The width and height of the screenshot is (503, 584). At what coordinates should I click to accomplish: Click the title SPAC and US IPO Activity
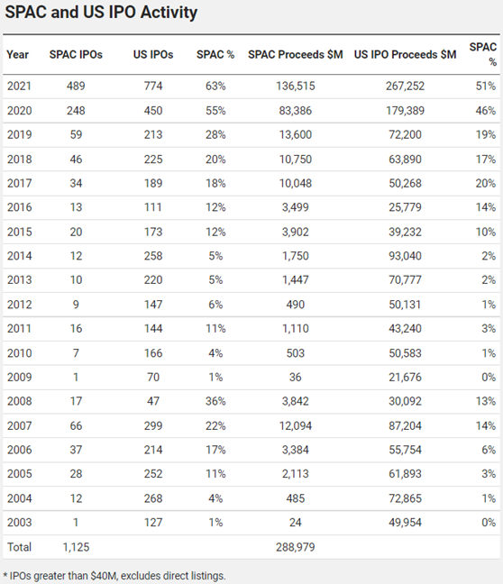click(101, 14)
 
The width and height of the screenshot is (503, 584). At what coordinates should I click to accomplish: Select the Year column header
click(18, 55)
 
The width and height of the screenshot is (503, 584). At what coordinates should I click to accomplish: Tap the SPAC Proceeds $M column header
click(295, 55)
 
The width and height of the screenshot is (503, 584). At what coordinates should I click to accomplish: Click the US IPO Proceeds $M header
click(405, 55)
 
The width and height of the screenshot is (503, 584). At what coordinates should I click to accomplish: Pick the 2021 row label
click(19, 86)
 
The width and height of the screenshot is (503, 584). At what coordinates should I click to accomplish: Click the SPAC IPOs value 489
click(76, 86)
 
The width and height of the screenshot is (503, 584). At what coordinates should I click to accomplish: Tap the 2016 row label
click(19, 207)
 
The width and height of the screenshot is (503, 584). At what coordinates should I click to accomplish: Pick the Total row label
click(19, 546)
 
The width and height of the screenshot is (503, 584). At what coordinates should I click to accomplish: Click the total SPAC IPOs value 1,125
click(76, 546)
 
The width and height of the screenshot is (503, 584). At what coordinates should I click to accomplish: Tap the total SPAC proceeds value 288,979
click(295, 546)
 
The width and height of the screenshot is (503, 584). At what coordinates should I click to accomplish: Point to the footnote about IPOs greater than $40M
click(114, 574)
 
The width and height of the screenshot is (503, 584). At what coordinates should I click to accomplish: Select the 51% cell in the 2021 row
click(485, 86)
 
